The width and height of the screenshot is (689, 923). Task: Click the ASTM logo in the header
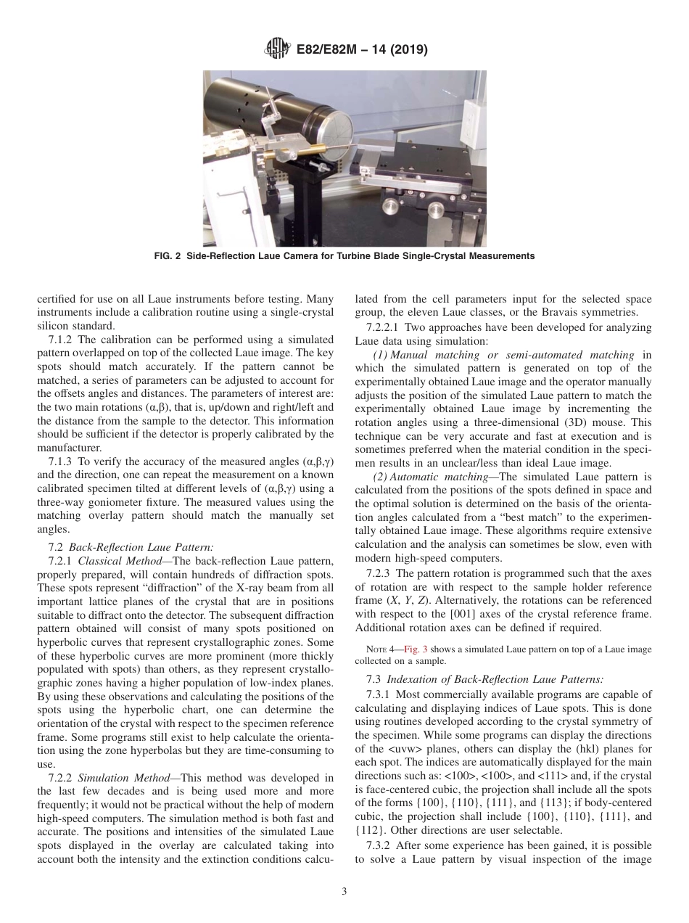coord(277,50)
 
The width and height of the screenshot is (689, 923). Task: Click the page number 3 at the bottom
coord(344,893)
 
